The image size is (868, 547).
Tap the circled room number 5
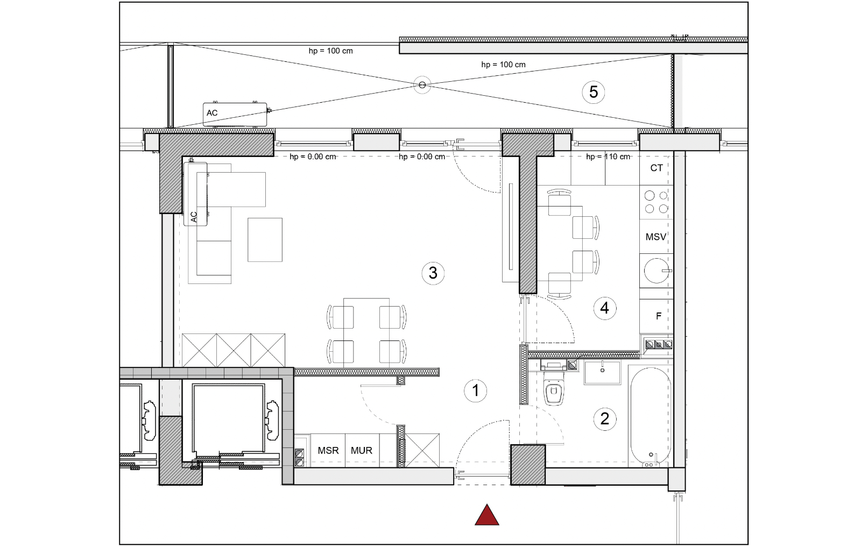[x=593, y=92]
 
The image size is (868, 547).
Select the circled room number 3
[x=433, y=273]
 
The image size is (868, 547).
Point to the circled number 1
[x=476, y=390]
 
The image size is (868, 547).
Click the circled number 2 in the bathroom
[x=604, y=419]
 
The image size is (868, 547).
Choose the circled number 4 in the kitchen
[x=604, y=308]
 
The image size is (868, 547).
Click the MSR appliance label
[x=328, y=451]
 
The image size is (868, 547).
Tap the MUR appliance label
[x=362, y=451]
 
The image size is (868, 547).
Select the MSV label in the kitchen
[x=655, y=237]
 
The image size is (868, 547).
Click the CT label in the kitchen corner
[x=657, y=168]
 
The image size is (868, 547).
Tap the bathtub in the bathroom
[x=651, y=416]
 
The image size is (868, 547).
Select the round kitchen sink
[x=657, y=271]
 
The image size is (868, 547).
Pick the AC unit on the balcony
[x=235, y=115]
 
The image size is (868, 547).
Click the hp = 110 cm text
[x=608, y=157]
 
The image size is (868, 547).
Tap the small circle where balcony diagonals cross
[x=422, y=85]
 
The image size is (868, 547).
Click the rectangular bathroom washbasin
[x=602, y=372]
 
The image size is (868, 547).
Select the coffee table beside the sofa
[x=265, y=240]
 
